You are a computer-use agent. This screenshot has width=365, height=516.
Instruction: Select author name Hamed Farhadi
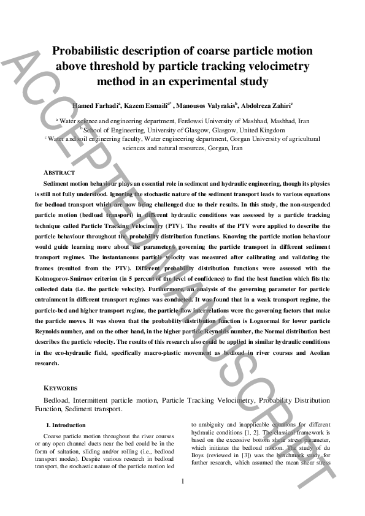click(96, 105)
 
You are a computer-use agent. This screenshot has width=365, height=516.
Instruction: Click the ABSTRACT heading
click(60, 173)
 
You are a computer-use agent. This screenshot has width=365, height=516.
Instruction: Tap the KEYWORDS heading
click(61, 389)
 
